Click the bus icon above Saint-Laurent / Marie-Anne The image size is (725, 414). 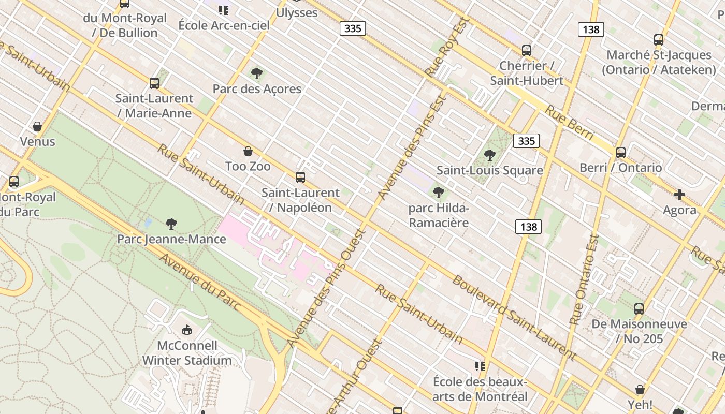coord(154,83)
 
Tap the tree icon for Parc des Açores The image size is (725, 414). coord(256,73)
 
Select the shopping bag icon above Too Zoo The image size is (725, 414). coord(248,151)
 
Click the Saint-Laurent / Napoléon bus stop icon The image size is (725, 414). coord(300,178)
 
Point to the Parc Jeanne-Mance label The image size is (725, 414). coord(171,239)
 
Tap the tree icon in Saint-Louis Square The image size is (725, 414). coord(489,155)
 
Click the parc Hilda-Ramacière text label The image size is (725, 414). coord(439,216)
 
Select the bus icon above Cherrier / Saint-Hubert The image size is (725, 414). coord(527,50)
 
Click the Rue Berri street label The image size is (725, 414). coord(569,123)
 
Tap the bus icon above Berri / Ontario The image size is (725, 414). coord(620,153)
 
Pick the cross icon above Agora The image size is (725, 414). coord(679,195)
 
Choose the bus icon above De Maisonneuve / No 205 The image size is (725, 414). coord(639,309)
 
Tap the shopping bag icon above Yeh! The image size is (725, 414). coord(640,389)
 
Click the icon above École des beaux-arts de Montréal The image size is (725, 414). coord(480,366)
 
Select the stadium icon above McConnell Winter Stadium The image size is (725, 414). coord(187,330)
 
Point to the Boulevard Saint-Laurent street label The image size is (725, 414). coord(514,318)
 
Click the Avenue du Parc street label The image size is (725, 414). coord(200,283)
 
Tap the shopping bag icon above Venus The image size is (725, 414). coord(37,126)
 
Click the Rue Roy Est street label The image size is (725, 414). coord(446,47)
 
